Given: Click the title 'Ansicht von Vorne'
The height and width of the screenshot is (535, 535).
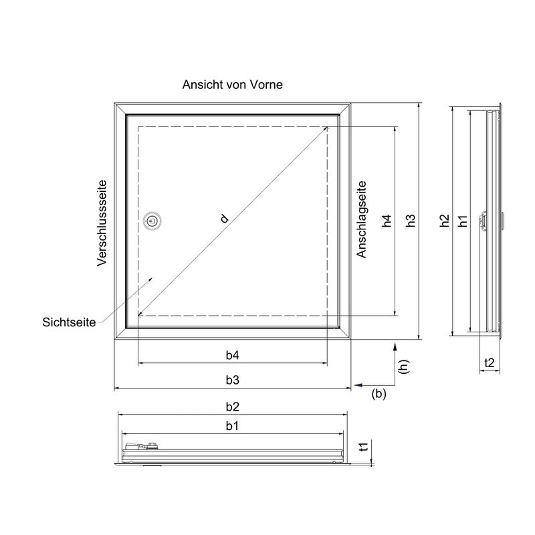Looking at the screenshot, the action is (232, 84).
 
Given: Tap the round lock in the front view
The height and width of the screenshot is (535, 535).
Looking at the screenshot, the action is (152, 221).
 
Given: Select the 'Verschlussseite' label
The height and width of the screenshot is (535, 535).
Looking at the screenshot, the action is (102, 223).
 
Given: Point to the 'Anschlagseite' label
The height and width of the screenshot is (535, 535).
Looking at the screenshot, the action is (361, 219).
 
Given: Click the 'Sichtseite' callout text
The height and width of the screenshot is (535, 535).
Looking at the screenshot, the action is (69, 322).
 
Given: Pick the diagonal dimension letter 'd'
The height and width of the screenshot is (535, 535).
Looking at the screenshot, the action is (224, 219).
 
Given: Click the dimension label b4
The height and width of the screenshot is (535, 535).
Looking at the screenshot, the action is (232, 355).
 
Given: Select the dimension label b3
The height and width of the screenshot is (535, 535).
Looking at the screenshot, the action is (232, 380).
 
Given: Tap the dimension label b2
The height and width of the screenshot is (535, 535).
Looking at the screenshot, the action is (232, 407).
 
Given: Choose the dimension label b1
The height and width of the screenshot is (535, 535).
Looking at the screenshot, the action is (232, 425).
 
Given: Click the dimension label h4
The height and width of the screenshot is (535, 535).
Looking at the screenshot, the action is (387, 221).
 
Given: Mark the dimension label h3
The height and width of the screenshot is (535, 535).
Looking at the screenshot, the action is (411, 221).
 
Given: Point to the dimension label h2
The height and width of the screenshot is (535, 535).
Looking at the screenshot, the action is (444, 221).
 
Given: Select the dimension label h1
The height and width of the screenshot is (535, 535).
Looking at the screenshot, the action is (463, 221).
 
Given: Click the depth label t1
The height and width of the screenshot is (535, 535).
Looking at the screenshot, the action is (364, 447).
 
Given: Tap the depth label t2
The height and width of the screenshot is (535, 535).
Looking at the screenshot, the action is (490, 362).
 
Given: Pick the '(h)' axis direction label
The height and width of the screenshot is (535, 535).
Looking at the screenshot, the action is (404, 366).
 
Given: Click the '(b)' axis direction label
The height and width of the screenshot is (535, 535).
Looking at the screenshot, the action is (379, 394).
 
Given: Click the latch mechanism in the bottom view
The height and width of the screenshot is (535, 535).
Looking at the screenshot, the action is (142, 446).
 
